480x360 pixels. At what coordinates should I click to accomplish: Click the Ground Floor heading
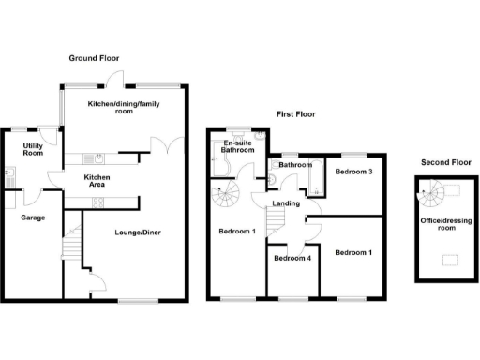coord(95,58)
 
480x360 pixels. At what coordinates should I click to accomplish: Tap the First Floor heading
coord(294,114)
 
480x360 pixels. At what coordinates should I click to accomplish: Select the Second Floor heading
coord(445,162)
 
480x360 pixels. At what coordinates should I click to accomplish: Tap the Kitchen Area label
coord(99,181)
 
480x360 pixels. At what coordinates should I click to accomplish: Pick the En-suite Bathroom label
coord(238,145)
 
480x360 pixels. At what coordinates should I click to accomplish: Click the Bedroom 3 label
coord(354,172)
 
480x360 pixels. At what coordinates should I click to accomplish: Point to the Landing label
coord(286,203)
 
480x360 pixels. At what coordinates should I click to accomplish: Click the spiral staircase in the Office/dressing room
coord(433,195)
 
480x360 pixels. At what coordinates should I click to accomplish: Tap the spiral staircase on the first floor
coord(226,198)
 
